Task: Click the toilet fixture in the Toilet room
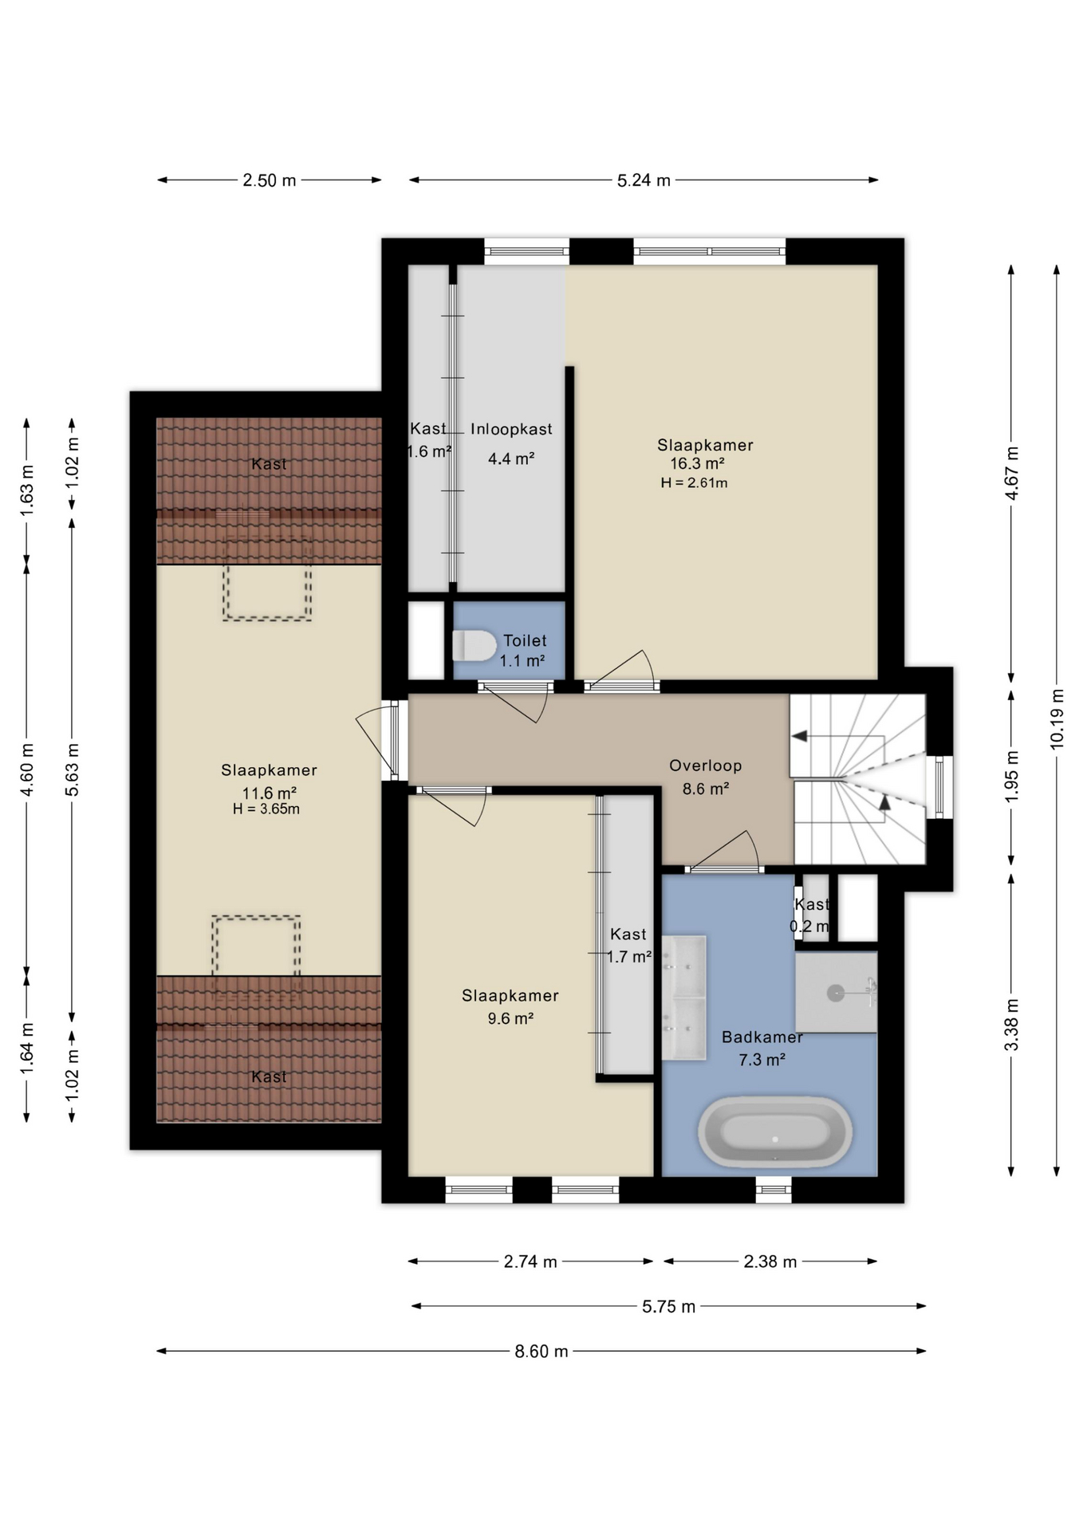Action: click(475, 645)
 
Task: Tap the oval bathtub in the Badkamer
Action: click(775, 1131)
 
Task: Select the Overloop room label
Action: click(706, 765)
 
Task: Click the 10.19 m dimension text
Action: click(1057, 718)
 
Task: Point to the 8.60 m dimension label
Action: click(541, 1351)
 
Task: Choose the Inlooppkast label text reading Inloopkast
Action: click(511, 429)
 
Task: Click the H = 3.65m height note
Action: click(266, 809)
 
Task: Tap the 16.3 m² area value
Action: click(697, 463)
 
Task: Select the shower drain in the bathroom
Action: click(835, 993)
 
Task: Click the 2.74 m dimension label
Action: click(530, 1261)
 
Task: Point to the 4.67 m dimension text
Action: click(1011, 473)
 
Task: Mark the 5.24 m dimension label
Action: click(644, 180)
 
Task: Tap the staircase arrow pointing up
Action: click(884, 803)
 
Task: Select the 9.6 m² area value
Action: click(510, 1018)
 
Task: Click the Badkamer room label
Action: click(762, 1037)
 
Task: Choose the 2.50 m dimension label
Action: click(270, 180)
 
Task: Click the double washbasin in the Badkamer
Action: click(684, 998)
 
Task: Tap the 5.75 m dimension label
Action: click(669, 1306)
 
